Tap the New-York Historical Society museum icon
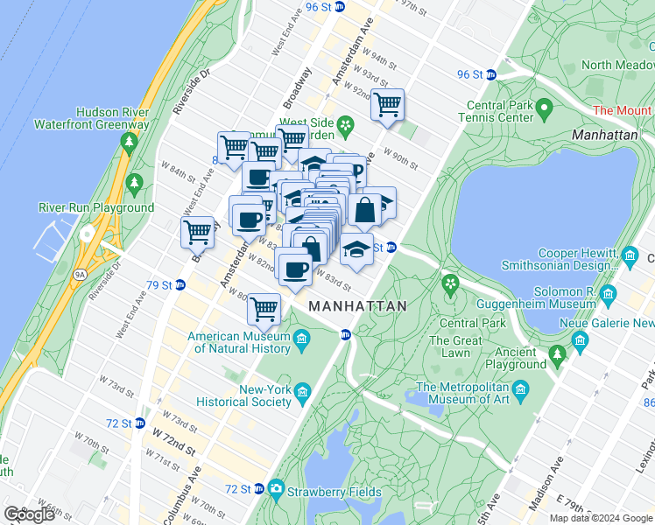click(x=303, y=391)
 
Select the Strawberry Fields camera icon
click(x=277, y=488)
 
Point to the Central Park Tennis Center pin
click(x=544, y=108)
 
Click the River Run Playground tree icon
click(x=135, y=184)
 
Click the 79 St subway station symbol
click(x=180, y=284)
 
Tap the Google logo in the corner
click(x=29, y=514)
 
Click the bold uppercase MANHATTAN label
click(x=357, y=306)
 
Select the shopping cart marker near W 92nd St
click(x=386, y=106)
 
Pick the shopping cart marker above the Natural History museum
click(x=264, y=308)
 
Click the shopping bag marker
click(x=365, y=210)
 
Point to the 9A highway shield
click(x=81, y=274)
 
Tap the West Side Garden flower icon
click(x=347, y=125)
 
